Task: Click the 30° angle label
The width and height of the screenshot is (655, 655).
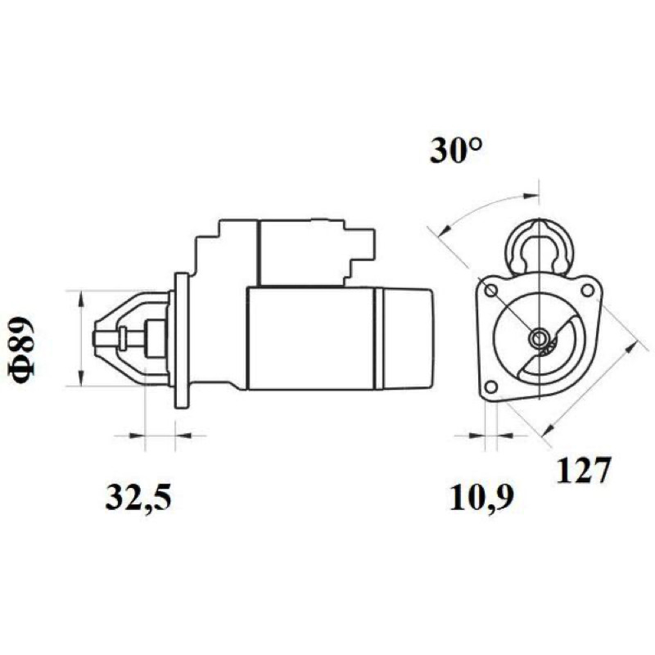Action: pos(456,151)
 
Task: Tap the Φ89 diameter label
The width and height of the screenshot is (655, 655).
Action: pos(22,350)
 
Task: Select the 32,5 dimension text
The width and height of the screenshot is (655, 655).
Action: pos(138,499)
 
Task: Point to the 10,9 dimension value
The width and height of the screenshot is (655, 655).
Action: pos(481,498)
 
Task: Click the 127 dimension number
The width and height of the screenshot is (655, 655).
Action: pos(584,470)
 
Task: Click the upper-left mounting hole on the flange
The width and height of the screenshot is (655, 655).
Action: pos(491,291)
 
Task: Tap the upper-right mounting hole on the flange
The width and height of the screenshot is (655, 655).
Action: pos(587,290)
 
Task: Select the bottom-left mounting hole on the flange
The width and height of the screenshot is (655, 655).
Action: pos(492,386)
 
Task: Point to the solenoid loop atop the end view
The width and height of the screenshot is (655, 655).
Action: pos(540,246)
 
